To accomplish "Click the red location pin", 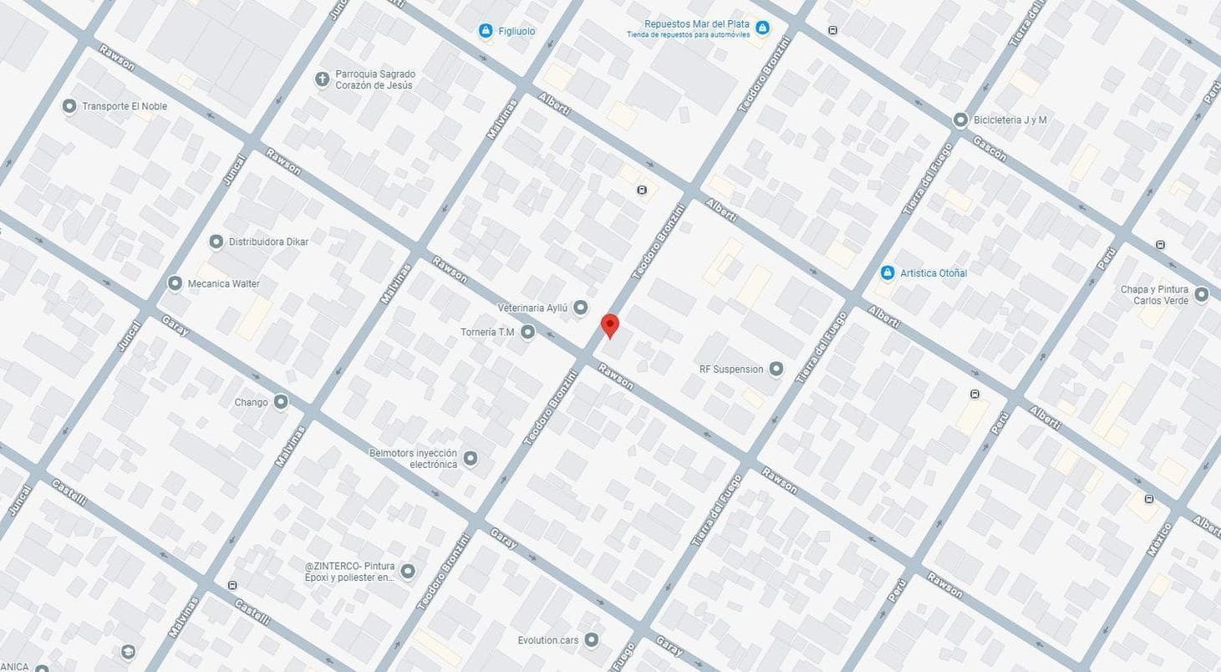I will [610, 325].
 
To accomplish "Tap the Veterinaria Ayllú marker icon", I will [581, 308].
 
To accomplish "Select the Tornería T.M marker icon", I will [527, 333].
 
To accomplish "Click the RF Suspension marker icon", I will [776, 369].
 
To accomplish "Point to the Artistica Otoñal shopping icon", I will [888, 272].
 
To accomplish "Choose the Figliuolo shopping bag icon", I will [486, 31].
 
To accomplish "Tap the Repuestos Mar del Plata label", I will [696, 24].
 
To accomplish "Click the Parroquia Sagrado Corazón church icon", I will [322, 79].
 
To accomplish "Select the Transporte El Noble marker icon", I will [69, 106].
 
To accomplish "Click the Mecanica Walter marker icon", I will [175, 283].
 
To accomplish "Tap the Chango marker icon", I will [281, 402].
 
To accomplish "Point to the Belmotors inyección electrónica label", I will [413, 458].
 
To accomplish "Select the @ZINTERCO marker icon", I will [408, 572].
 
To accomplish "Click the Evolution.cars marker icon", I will [592, 640].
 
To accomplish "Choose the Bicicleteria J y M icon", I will [960, 120].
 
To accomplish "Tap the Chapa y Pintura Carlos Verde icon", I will [1201, 294].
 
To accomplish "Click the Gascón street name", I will [989, 148].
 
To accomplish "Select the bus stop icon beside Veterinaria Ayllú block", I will [642, 190].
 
